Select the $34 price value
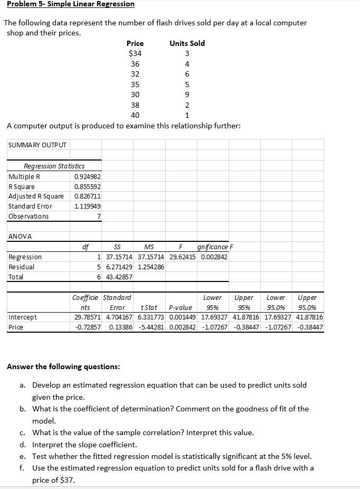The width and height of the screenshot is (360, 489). (135, 53)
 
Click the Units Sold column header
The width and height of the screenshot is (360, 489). (187, 43)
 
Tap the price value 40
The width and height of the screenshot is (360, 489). (135, 115)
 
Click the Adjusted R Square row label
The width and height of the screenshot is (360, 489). (36, 196)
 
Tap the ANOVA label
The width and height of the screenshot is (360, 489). (20, 237)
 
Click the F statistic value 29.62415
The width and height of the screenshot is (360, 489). (183, 257)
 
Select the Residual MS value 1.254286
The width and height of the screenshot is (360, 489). (151, 267)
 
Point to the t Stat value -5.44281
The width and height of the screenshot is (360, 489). (151, 327)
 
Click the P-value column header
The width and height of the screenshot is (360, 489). (180, 307)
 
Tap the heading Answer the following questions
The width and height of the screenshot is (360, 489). (63, 366)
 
